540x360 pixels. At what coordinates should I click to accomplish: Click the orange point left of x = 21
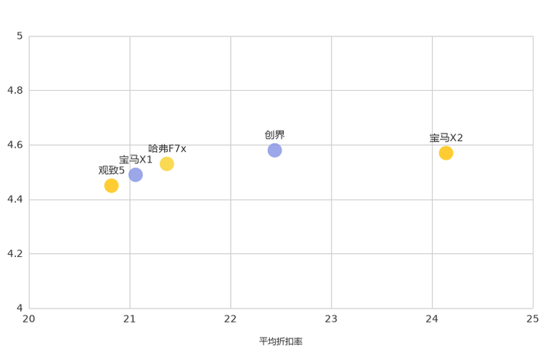click(x=111, y=187)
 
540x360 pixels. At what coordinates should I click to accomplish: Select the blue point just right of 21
click(x=136, y=174)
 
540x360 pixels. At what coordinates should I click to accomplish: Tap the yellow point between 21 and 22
click(x=167, y=163)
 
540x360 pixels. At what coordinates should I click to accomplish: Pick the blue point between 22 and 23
click(x=274, y=150)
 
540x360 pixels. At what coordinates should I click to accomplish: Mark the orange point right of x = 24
click(x=446, y=154)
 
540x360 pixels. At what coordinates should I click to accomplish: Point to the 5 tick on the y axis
click(x=20, y=36)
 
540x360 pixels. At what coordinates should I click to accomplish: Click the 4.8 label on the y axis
click(x=15, y=90)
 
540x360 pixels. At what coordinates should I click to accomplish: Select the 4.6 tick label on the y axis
click(x=15, y=144)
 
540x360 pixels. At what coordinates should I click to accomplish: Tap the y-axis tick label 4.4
click(x=15, y=199)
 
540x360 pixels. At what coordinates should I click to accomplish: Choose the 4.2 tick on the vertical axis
click(x=15, y=253)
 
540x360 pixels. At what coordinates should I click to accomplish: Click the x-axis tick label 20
click(x=29, y=319)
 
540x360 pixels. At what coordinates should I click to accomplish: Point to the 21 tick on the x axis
click(x=130, y=319)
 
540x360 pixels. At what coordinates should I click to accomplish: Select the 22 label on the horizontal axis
click(x=231, y=319)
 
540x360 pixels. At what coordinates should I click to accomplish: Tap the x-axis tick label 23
click(x=332, y=319)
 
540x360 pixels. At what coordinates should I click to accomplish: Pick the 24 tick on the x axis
click(x=433, y=319)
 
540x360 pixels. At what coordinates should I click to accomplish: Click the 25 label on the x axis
click(x=533, y=319)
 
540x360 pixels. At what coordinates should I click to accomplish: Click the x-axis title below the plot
click(x=281, y=340)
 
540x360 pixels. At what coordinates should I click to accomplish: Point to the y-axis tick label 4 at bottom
click(x=20, y=308)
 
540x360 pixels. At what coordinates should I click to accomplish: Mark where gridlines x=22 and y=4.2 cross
click(x=231, y=254)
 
